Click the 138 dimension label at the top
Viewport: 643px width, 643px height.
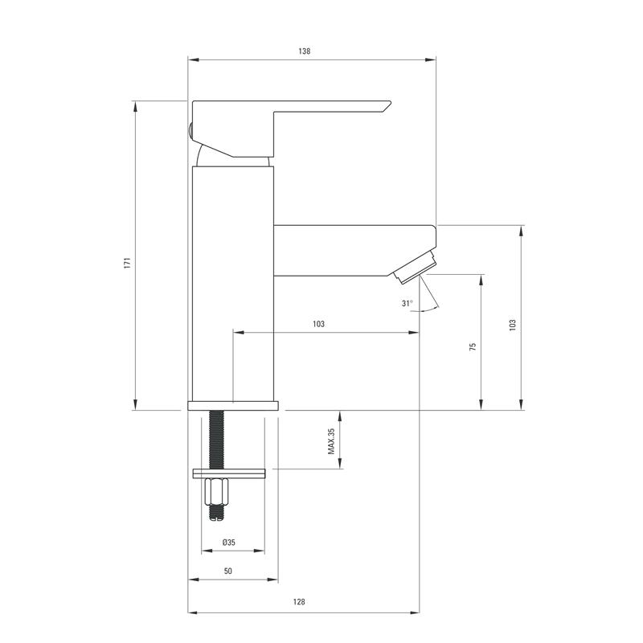(x=305, y=51)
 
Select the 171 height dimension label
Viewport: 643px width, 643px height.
(x=128, y=263)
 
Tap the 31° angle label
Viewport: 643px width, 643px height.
(x=407, y=304)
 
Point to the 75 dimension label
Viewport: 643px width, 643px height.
(x=473, y=346)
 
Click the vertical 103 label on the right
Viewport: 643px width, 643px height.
(x=512, y=326)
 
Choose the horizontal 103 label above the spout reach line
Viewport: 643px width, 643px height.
(x=318, y=324)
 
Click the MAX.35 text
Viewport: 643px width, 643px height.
(x=331, y=441)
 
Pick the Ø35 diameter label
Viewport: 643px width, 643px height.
(x=229, y=543)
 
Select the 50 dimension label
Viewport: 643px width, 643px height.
(x=228, y=571)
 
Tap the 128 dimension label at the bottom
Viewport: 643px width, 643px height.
(x=299, y=602)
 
